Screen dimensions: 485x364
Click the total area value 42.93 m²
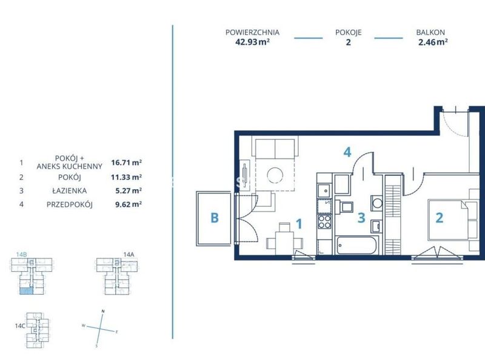click(252, 42)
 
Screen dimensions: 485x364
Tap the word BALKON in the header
click(430, 32)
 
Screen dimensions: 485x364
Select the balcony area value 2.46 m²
click(433, 42)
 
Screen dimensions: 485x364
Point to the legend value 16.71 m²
click(127, 162)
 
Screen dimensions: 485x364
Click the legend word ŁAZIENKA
click(70, 190)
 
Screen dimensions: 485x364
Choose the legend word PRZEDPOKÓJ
click(70, 204)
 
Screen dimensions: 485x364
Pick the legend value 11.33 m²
click(127, 177)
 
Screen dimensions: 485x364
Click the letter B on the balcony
click(215, 218)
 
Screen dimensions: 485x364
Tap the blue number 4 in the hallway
click(347, 152)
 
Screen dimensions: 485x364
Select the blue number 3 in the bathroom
click(361, 218)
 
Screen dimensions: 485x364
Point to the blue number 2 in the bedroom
click(439, 218)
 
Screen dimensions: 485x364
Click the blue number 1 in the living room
click(299, 224)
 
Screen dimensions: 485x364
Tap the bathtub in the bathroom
click(356, 246)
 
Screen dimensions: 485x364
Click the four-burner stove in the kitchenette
click(324, 221)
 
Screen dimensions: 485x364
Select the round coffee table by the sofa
click(275, 175)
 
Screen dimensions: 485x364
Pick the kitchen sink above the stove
click(324, 190)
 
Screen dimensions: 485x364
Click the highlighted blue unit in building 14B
click(26, 291)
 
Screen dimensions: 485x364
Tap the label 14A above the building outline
click(129, 254)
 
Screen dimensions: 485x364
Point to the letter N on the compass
click(103, 311)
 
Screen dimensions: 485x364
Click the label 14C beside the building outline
click(20, 326)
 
